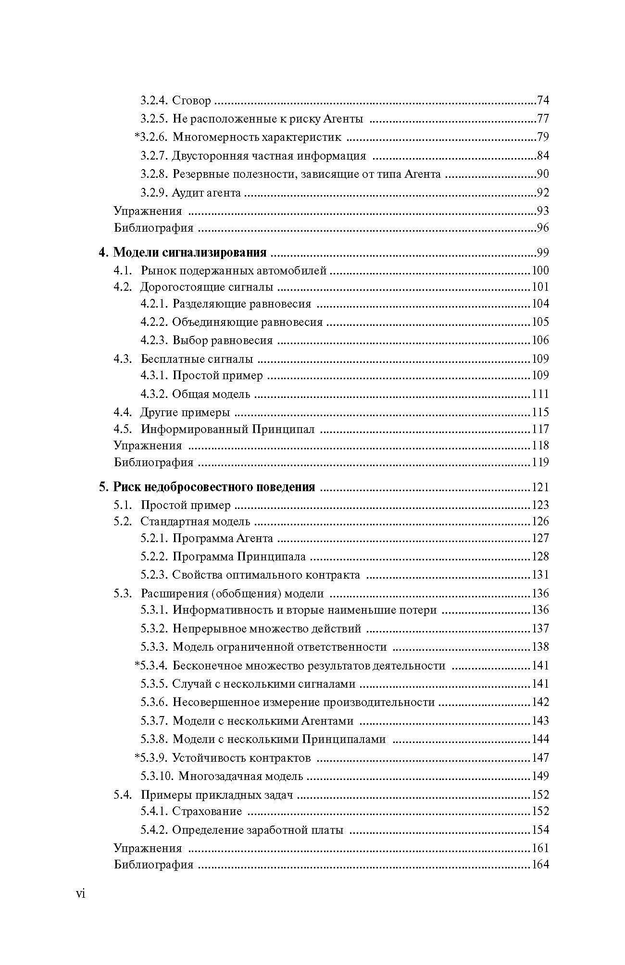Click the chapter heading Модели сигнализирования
[189, 253]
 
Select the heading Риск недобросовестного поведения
[214, 487]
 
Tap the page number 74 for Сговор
[543, 100]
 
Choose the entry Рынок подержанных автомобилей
[234, 271]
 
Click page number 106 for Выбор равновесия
[540, 340]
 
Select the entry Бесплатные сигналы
[197, 359]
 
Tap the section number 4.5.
[123, 429]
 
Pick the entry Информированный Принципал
[227, 429]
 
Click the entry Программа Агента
[223, 538]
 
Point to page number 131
[540, 575]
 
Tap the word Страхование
[207, 811]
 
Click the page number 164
[540, 865]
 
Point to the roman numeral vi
[80, 893]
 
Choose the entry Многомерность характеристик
[257, 137]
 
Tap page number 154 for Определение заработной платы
[540, 830]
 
